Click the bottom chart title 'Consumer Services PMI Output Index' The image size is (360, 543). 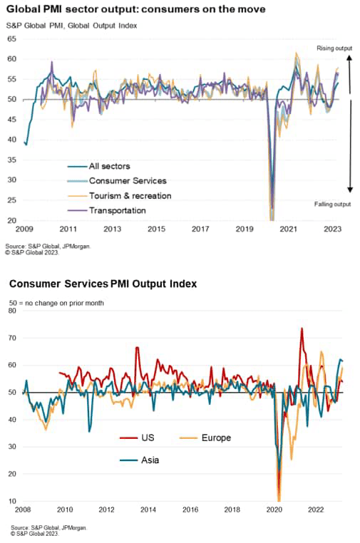[x=103, y=284]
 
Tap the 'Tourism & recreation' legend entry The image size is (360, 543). [x=130, y=195]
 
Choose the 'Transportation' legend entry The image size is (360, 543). [x=118, y=210]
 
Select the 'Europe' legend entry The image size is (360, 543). [x=214, y=438]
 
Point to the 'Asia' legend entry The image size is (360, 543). [x=148, y=460]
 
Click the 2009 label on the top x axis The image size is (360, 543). [x=26, y=229]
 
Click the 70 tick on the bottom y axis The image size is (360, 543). [x=13, y=337]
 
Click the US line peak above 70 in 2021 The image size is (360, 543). [x=302, y=329]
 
